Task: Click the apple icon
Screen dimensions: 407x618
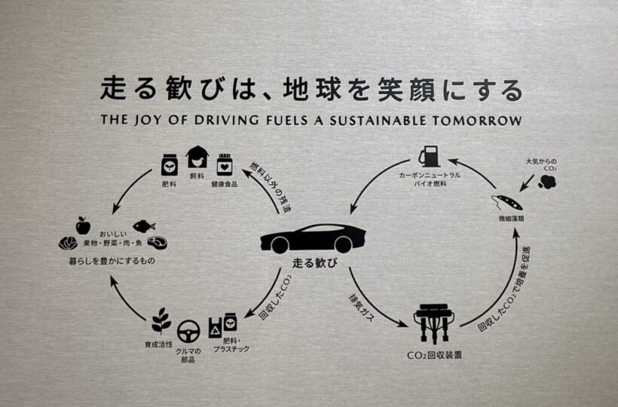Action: point(83,225)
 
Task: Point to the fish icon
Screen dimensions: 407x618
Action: point(143,225)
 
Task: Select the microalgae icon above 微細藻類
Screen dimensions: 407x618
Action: point(504,203)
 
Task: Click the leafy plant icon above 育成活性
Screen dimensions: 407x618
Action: point(161,321)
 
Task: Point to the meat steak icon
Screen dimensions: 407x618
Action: point(158,243)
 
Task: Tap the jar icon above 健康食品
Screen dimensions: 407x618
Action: point(223,164)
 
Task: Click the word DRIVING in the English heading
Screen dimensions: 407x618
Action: point(206,120)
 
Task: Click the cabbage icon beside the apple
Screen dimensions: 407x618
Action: point(68,243)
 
